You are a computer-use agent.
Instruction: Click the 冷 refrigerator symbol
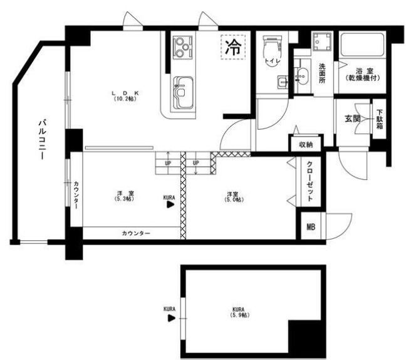(232, 46)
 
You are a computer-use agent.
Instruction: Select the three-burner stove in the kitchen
(182, 45)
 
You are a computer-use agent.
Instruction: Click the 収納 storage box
(306, 144)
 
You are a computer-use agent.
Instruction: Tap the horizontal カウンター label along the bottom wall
(135, 233)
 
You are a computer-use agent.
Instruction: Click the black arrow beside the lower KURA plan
(170, 318)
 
